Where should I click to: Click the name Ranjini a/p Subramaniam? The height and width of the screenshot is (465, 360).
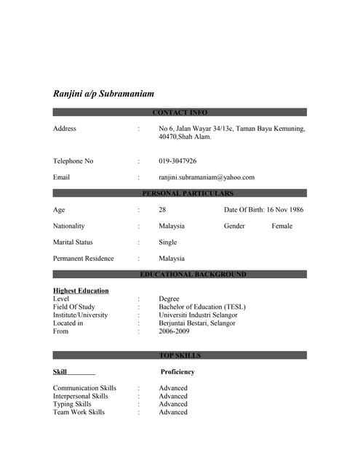tap(103, 94)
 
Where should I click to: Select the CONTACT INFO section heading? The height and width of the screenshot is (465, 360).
tap(180, 113)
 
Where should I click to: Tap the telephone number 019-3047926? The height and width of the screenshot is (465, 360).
tap(177, 161)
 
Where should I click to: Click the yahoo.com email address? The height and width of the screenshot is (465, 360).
tap(207, 177)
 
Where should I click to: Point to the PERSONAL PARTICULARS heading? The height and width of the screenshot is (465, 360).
tap(188, 194)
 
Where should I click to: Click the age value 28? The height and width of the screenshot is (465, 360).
tap(162, 210)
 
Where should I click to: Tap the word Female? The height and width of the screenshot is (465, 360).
tap(281, 226)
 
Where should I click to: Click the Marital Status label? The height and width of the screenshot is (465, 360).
tap(73, 242)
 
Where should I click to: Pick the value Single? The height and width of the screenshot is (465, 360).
tap(167, 242)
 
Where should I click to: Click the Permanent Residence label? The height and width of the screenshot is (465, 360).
tap(83, 259)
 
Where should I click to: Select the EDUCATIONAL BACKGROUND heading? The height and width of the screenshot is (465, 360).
tap(193, 275)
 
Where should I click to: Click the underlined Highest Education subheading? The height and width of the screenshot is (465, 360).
tap(81, 291)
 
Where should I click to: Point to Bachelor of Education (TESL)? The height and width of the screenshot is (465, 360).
tap(202, 307)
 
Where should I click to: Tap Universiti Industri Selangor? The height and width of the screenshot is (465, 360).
tap(198, 315)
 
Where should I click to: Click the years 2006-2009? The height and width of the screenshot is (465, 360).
tap(174, 331)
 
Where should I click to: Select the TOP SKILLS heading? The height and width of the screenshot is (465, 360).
tap(180, 355)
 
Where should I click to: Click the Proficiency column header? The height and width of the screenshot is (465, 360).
tap(177, 372)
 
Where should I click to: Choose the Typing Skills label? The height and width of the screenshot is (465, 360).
tap(72, 404)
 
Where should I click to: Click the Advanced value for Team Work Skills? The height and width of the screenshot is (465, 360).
tap(173, 412)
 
